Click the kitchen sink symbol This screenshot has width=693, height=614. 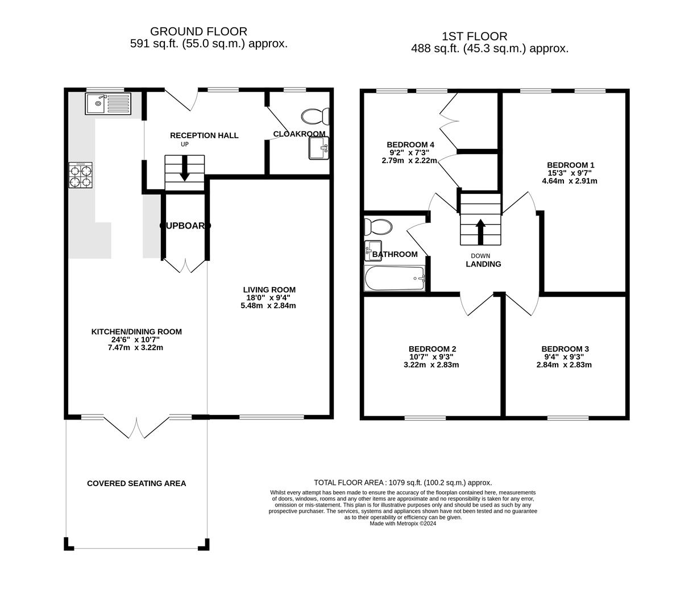[x=108, y=103]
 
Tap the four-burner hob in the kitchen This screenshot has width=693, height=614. [x=80, y=175]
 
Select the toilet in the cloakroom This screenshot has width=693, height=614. [x=315, y=117]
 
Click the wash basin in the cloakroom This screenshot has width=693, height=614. [x=318, y=149]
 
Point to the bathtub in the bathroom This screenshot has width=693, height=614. [x=395, y=279]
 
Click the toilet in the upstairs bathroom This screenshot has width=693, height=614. [x=378, y=227]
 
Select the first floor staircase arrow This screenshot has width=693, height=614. [x=480, y=225]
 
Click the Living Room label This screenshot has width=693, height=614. [x=268, y=290]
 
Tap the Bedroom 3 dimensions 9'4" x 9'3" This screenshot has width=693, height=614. [x=564, y=357]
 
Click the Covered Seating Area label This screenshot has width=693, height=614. [x=136, y=483]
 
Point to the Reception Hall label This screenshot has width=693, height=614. [x=204, y=135]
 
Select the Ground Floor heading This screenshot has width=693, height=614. [x=198, y=32]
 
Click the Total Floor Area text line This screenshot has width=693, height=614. [x=402, y=483]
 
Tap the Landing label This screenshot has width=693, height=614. [x=483, y=264]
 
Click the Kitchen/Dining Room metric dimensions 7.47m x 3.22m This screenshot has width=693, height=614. [x=135, y=347]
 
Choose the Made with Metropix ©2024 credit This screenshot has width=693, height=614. [x=402, y=524]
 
